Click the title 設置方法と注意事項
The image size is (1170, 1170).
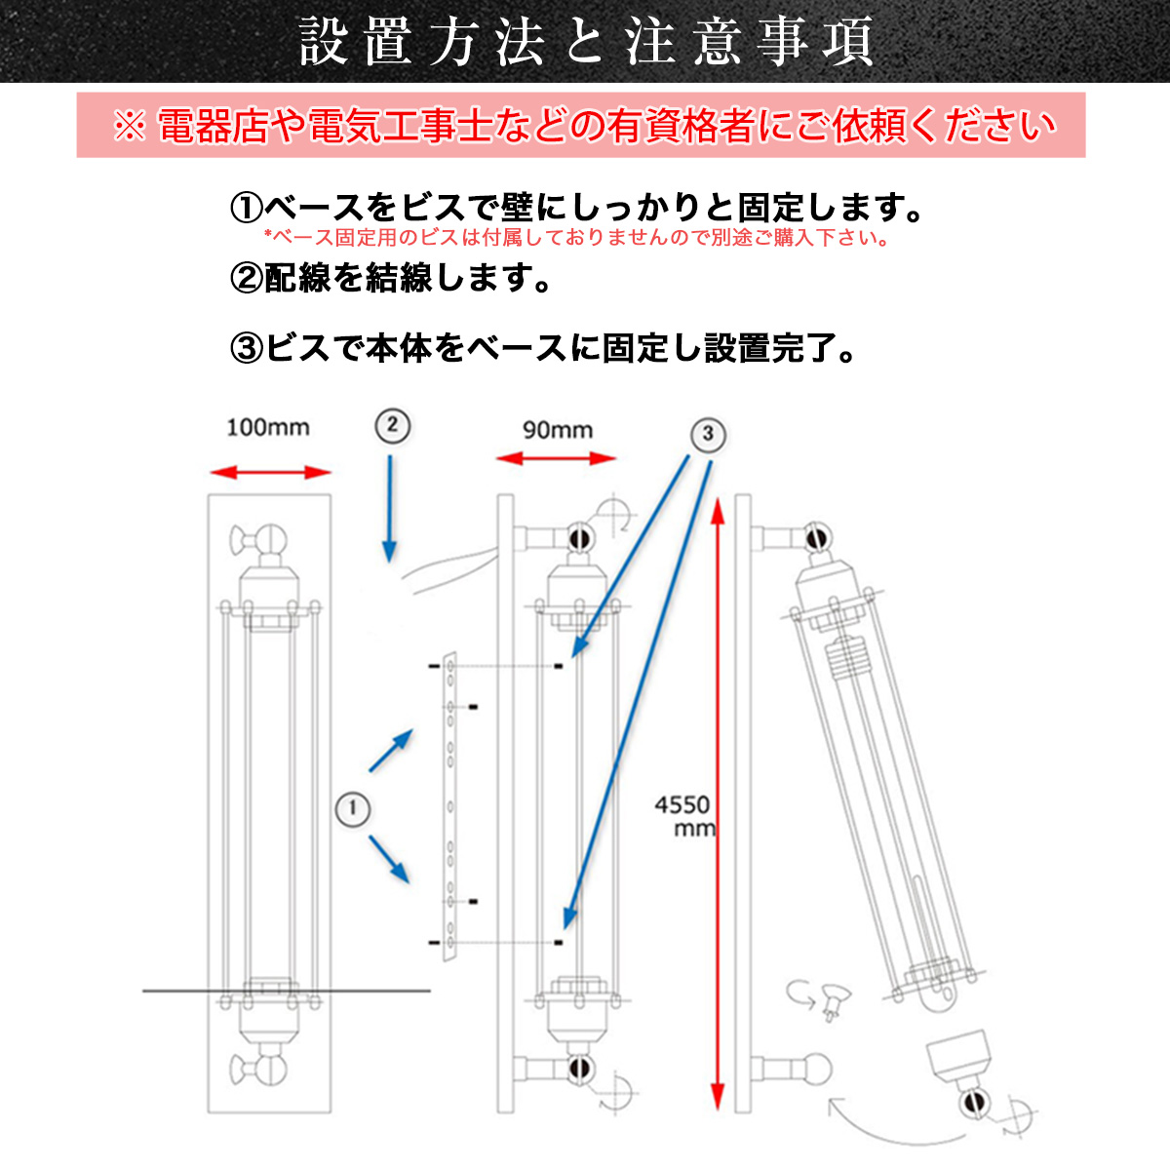click(585, 42)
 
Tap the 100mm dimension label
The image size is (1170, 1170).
click(267, 428)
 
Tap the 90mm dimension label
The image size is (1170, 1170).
click(557, 430)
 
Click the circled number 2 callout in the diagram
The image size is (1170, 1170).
click(392, 425)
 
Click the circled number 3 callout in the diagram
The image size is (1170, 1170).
click(709, 434)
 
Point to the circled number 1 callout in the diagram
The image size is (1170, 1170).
click(353, 808)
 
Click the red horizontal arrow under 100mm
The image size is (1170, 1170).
click(271, 473)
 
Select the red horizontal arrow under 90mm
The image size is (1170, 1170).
click(557, 457)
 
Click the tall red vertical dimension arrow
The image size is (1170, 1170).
click(719, 799)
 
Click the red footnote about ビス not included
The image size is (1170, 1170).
click(575, 238)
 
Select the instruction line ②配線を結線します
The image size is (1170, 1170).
click(390, 279)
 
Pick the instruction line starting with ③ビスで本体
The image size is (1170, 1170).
click(541, 348)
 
